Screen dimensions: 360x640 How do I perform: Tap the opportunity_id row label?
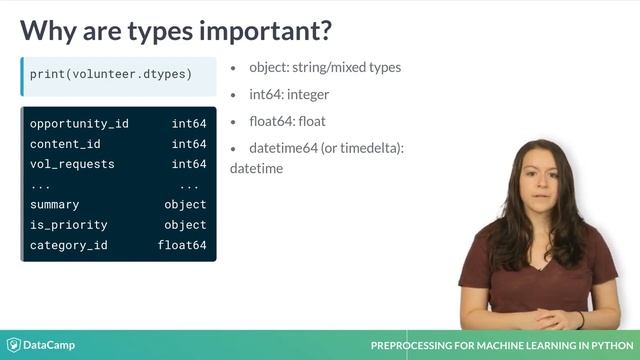tap(79, 124)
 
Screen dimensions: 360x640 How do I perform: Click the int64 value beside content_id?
tap(188, 144)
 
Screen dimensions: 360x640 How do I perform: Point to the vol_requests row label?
tap(72, 164)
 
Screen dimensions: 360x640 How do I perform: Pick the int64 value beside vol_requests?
tap(188, 164)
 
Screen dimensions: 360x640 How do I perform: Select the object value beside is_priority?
tap(185, 225)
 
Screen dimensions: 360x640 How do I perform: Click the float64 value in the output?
tap(182, 245)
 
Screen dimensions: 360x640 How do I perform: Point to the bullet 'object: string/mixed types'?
tap(324, 68)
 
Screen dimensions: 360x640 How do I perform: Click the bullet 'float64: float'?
tap(288, 122)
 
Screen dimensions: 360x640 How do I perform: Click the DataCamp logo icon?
tap(13, 345)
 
